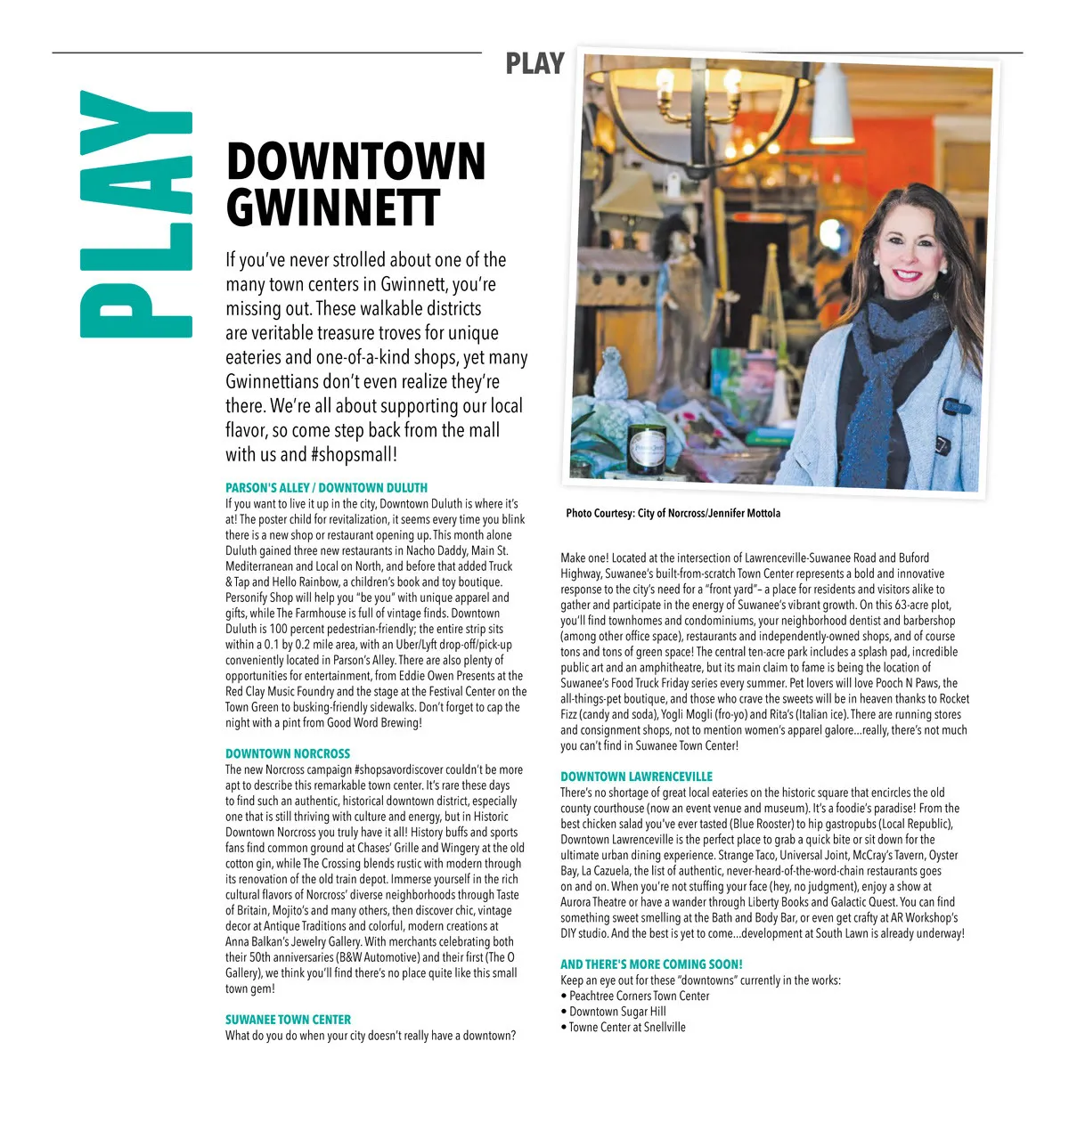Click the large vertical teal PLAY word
pyautogui.click(x=135, y=214)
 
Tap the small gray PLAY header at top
pyautogui.click(x=534, y=64)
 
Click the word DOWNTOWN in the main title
pyautogui.click(x=355, y=162)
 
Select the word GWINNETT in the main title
pyautogui.click(x=332, y=207)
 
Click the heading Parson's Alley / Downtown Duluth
pyautogui.click(x=326, y=488)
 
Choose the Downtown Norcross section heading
pyautogui.click(x=288, y=753)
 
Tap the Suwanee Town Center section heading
pyautogui.click(x=288, y=1020)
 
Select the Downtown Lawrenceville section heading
pyautogui.click(x=636, y=777)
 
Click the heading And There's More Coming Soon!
pyautogui.click(x=651, y=964)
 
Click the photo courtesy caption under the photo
pyautogui.click(x=673, y=513)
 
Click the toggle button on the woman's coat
pyautogui.click(x=958, y=407)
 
